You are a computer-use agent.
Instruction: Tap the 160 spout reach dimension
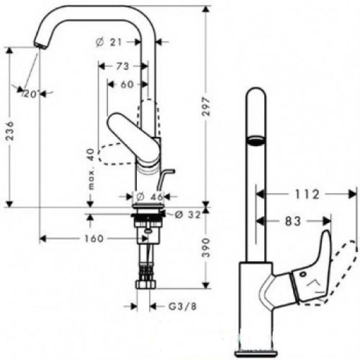(91, 239)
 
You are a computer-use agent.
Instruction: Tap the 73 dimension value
(122, 66)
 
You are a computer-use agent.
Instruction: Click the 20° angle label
(30, 94)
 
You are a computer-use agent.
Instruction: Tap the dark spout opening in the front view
(254, 140)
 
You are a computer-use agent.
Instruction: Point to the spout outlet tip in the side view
(37, 46)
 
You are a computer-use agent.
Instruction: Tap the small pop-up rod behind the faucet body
(167, 176)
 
